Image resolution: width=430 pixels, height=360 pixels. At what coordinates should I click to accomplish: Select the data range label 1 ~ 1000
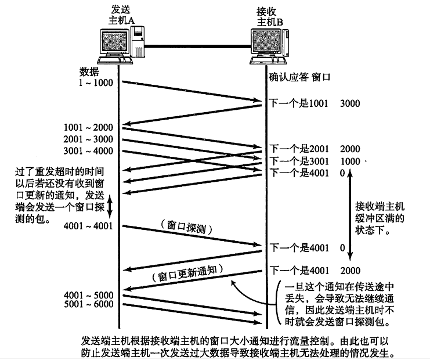pos(96,82)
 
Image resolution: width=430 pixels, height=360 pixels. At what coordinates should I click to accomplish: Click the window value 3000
pos(350,103)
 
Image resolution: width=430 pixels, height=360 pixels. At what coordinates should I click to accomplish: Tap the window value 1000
pos(350,160)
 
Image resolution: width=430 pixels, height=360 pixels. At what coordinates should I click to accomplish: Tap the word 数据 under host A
pos(90,71)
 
